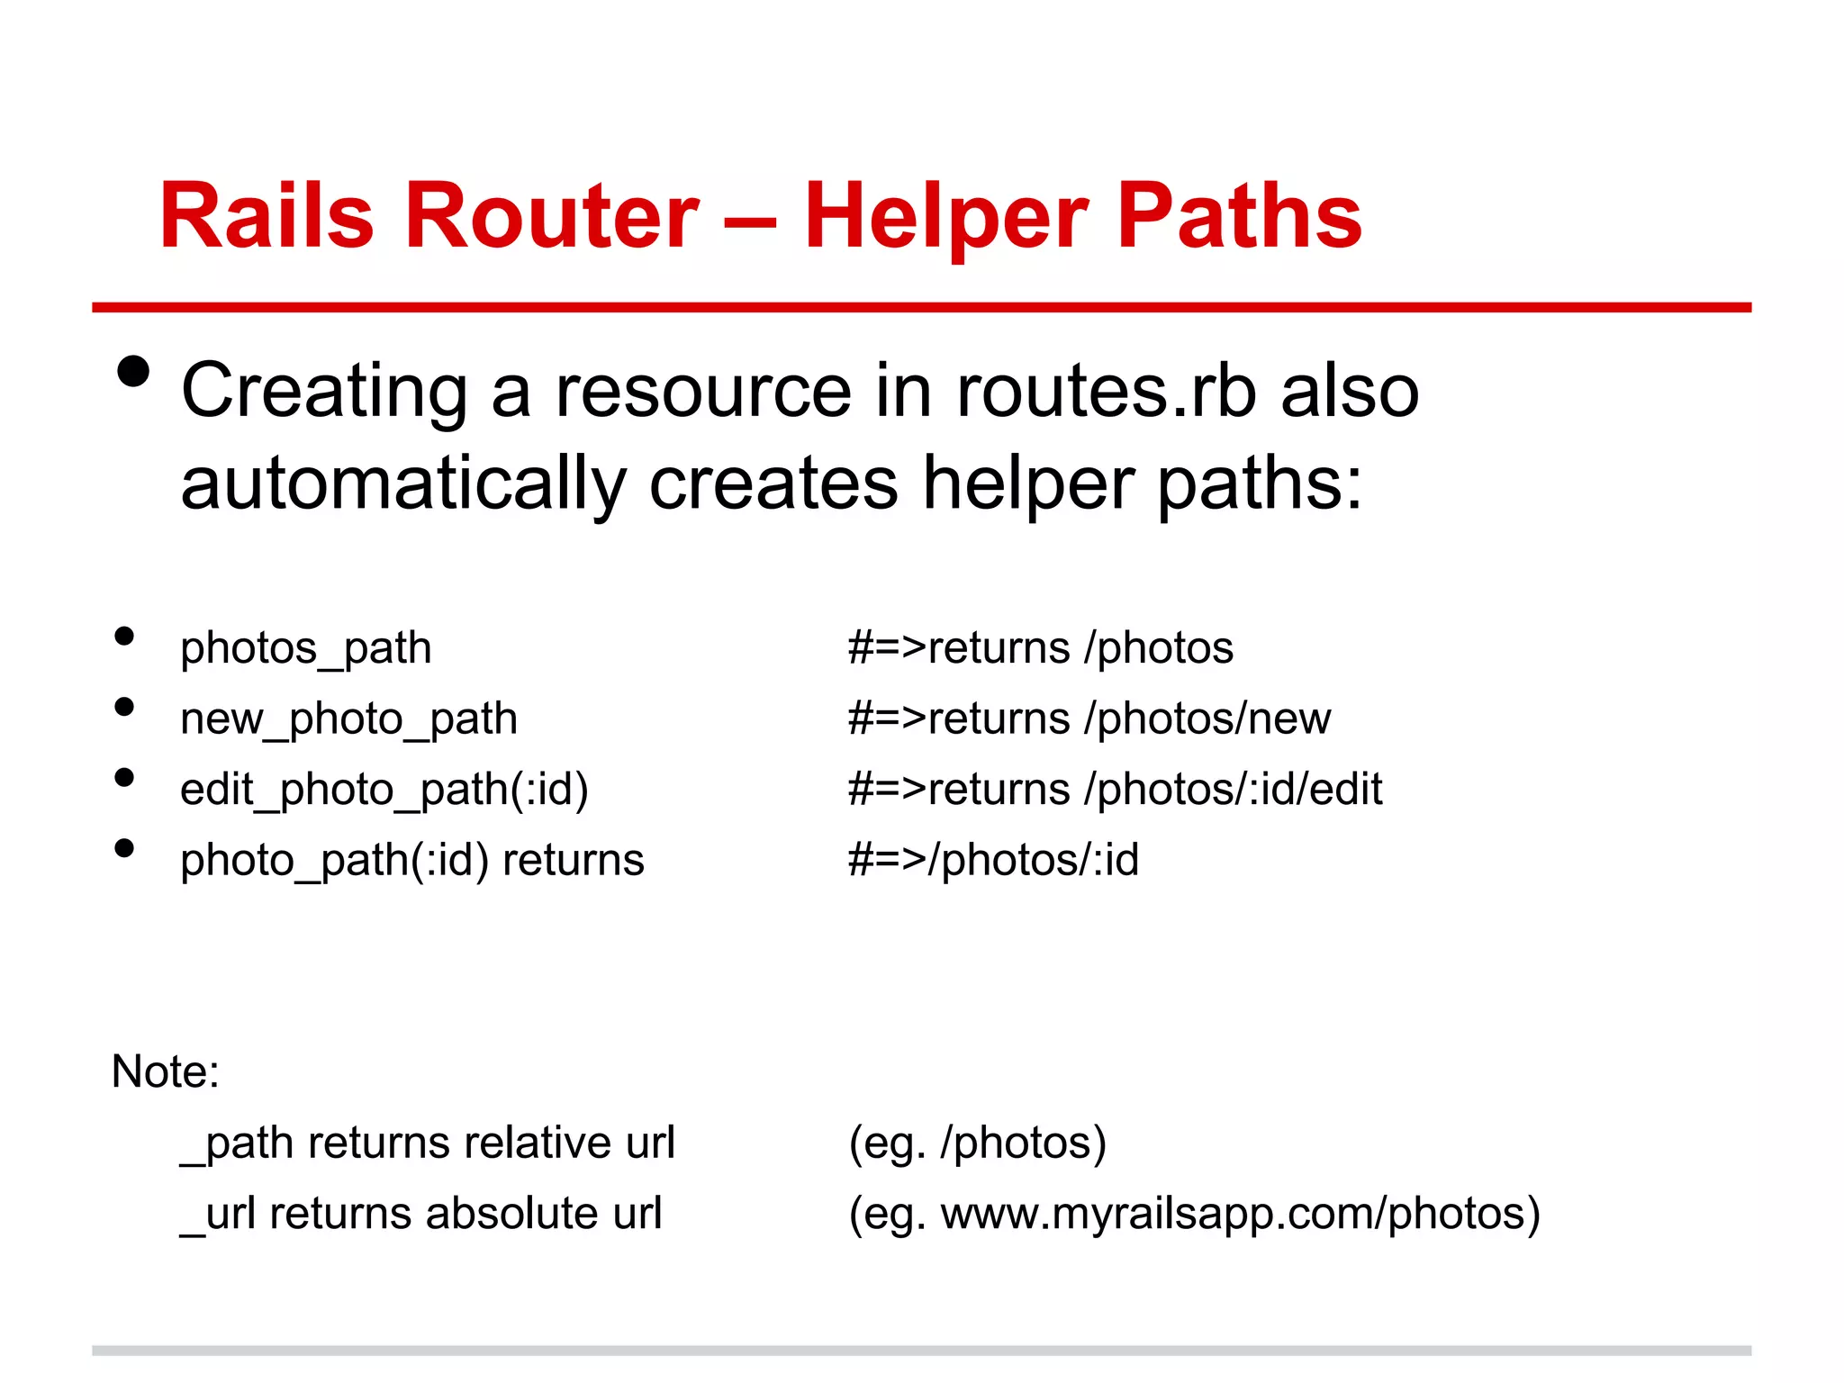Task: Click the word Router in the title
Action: tap(551, 216)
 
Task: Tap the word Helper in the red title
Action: tap(945, 216)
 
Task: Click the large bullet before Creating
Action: tap(133, 371)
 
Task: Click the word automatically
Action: tap(402, 484)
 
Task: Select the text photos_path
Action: tap(306, 648)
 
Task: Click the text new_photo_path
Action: tap(348, 719)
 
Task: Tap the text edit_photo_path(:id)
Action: tap(384, 790)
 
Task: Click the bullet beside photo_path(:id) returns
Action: tap(124, 847)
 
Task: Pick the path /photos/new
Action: tap(1207, 719)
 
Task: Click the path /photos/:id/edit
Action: tap(1234, 790)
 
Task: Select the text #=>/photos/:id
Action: tap(993, 860)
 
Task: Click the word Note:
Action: tap(166, 1071)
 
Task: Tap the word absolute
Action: tap(512, 1213)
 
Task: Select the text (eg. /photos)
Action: tap(977, 1143)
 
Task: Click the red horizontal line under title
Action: tap(921, 307)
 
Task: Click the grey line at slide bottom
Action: tap(921, 1351)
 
